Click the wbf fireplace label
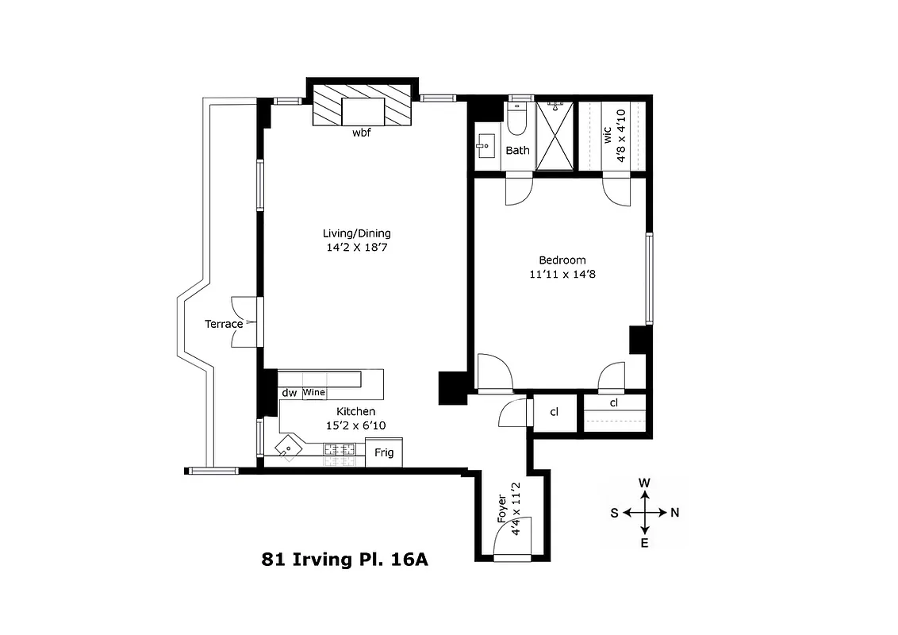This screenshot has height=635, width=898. pos(362,133)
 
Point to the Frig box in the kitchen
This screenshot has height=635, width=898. pos(384,452)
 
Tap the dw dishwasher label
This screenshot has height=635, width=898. pos(289,393)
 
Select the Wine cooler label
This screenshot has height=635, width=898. pos(314,393)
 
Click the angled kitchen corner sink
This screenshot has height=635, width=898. pos(289,448)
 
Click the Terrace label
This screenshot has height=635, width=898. pos(224,324)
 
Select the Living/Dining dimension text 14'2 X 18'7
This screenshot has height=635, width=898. pos(356,248)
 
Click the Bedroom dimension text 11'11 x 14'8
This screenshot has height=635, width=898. pos(562,274)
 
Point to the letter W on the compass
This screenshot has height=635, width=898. pos(645,483)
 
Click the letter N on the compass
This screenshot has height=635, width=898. pos(675,513)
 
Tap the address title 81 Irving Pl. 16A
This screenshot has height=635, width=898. pos(344,559)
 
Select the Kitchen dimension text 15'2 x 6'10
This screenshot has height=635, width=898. pos(355,425)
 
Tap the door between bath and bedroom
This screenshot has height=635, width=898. pos(519,190)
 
